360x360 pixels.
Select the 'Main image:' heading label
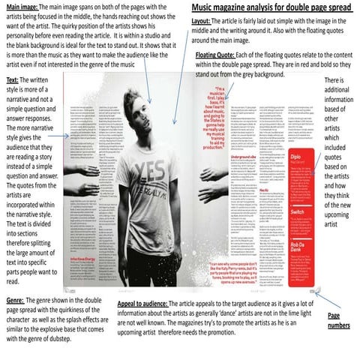19,6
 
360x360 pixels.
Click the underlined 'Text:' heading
13,79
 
